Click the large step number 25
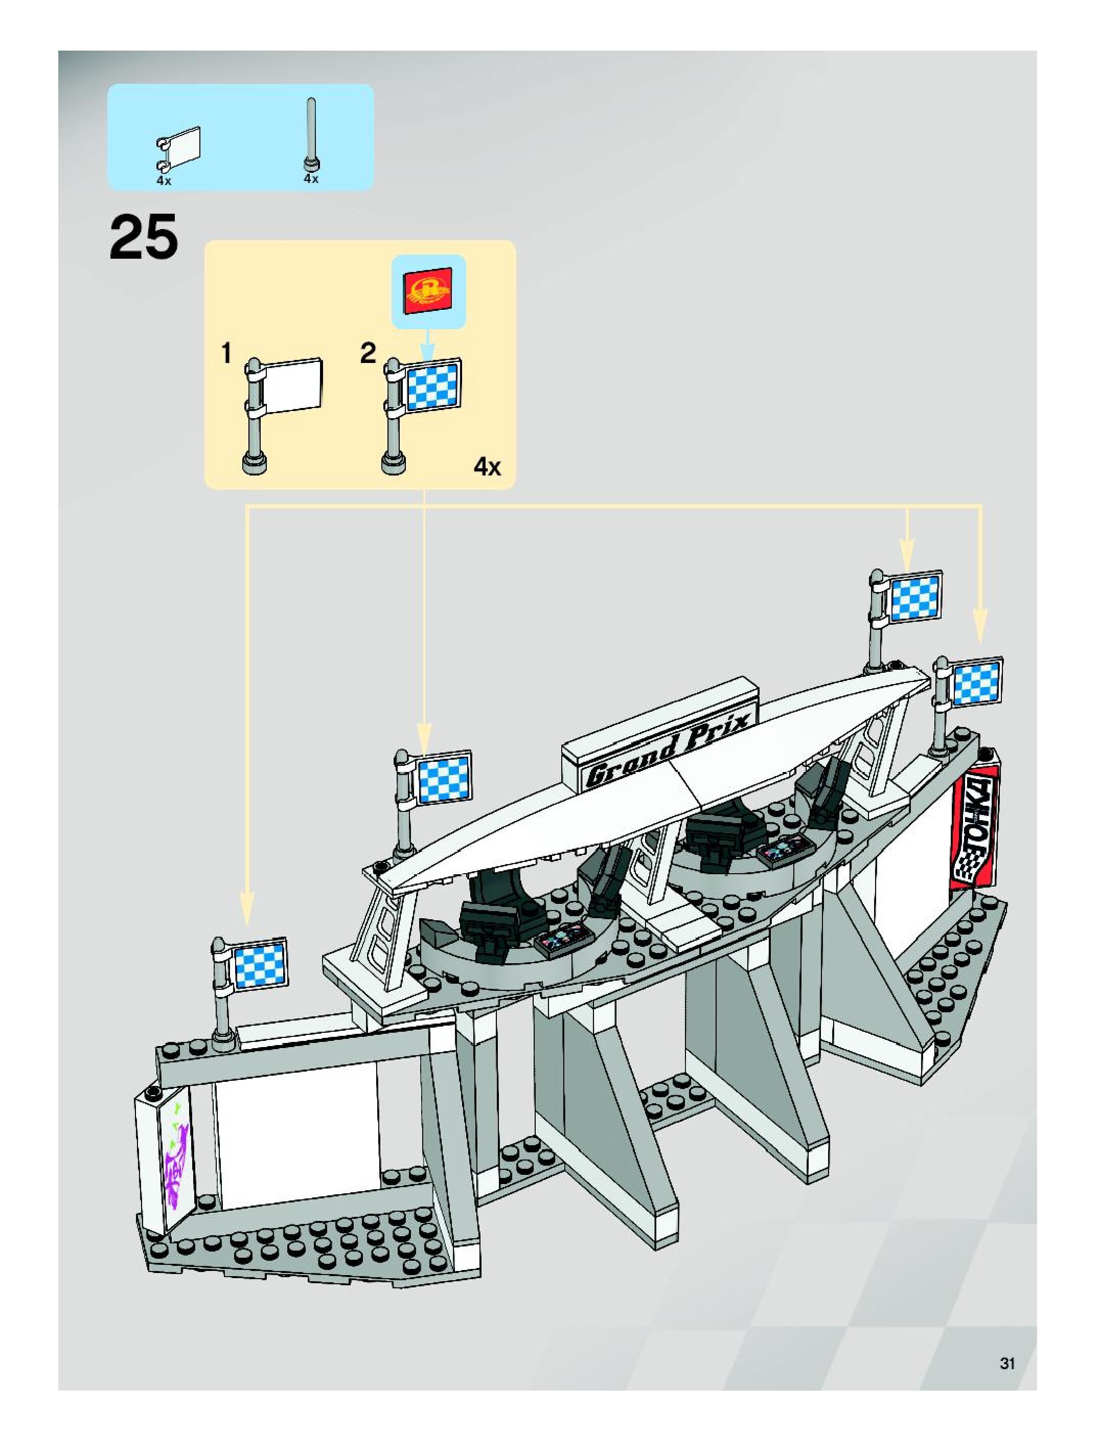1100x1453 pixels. coord(144,237)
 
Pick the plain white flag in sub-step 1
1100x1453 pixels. coord(291,385)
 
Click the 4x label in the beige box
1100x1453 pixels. coord(487,468)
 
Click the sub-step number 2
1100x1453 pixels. coord(369,353)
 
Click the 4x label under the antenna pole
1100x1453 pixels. coord(311,178)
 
